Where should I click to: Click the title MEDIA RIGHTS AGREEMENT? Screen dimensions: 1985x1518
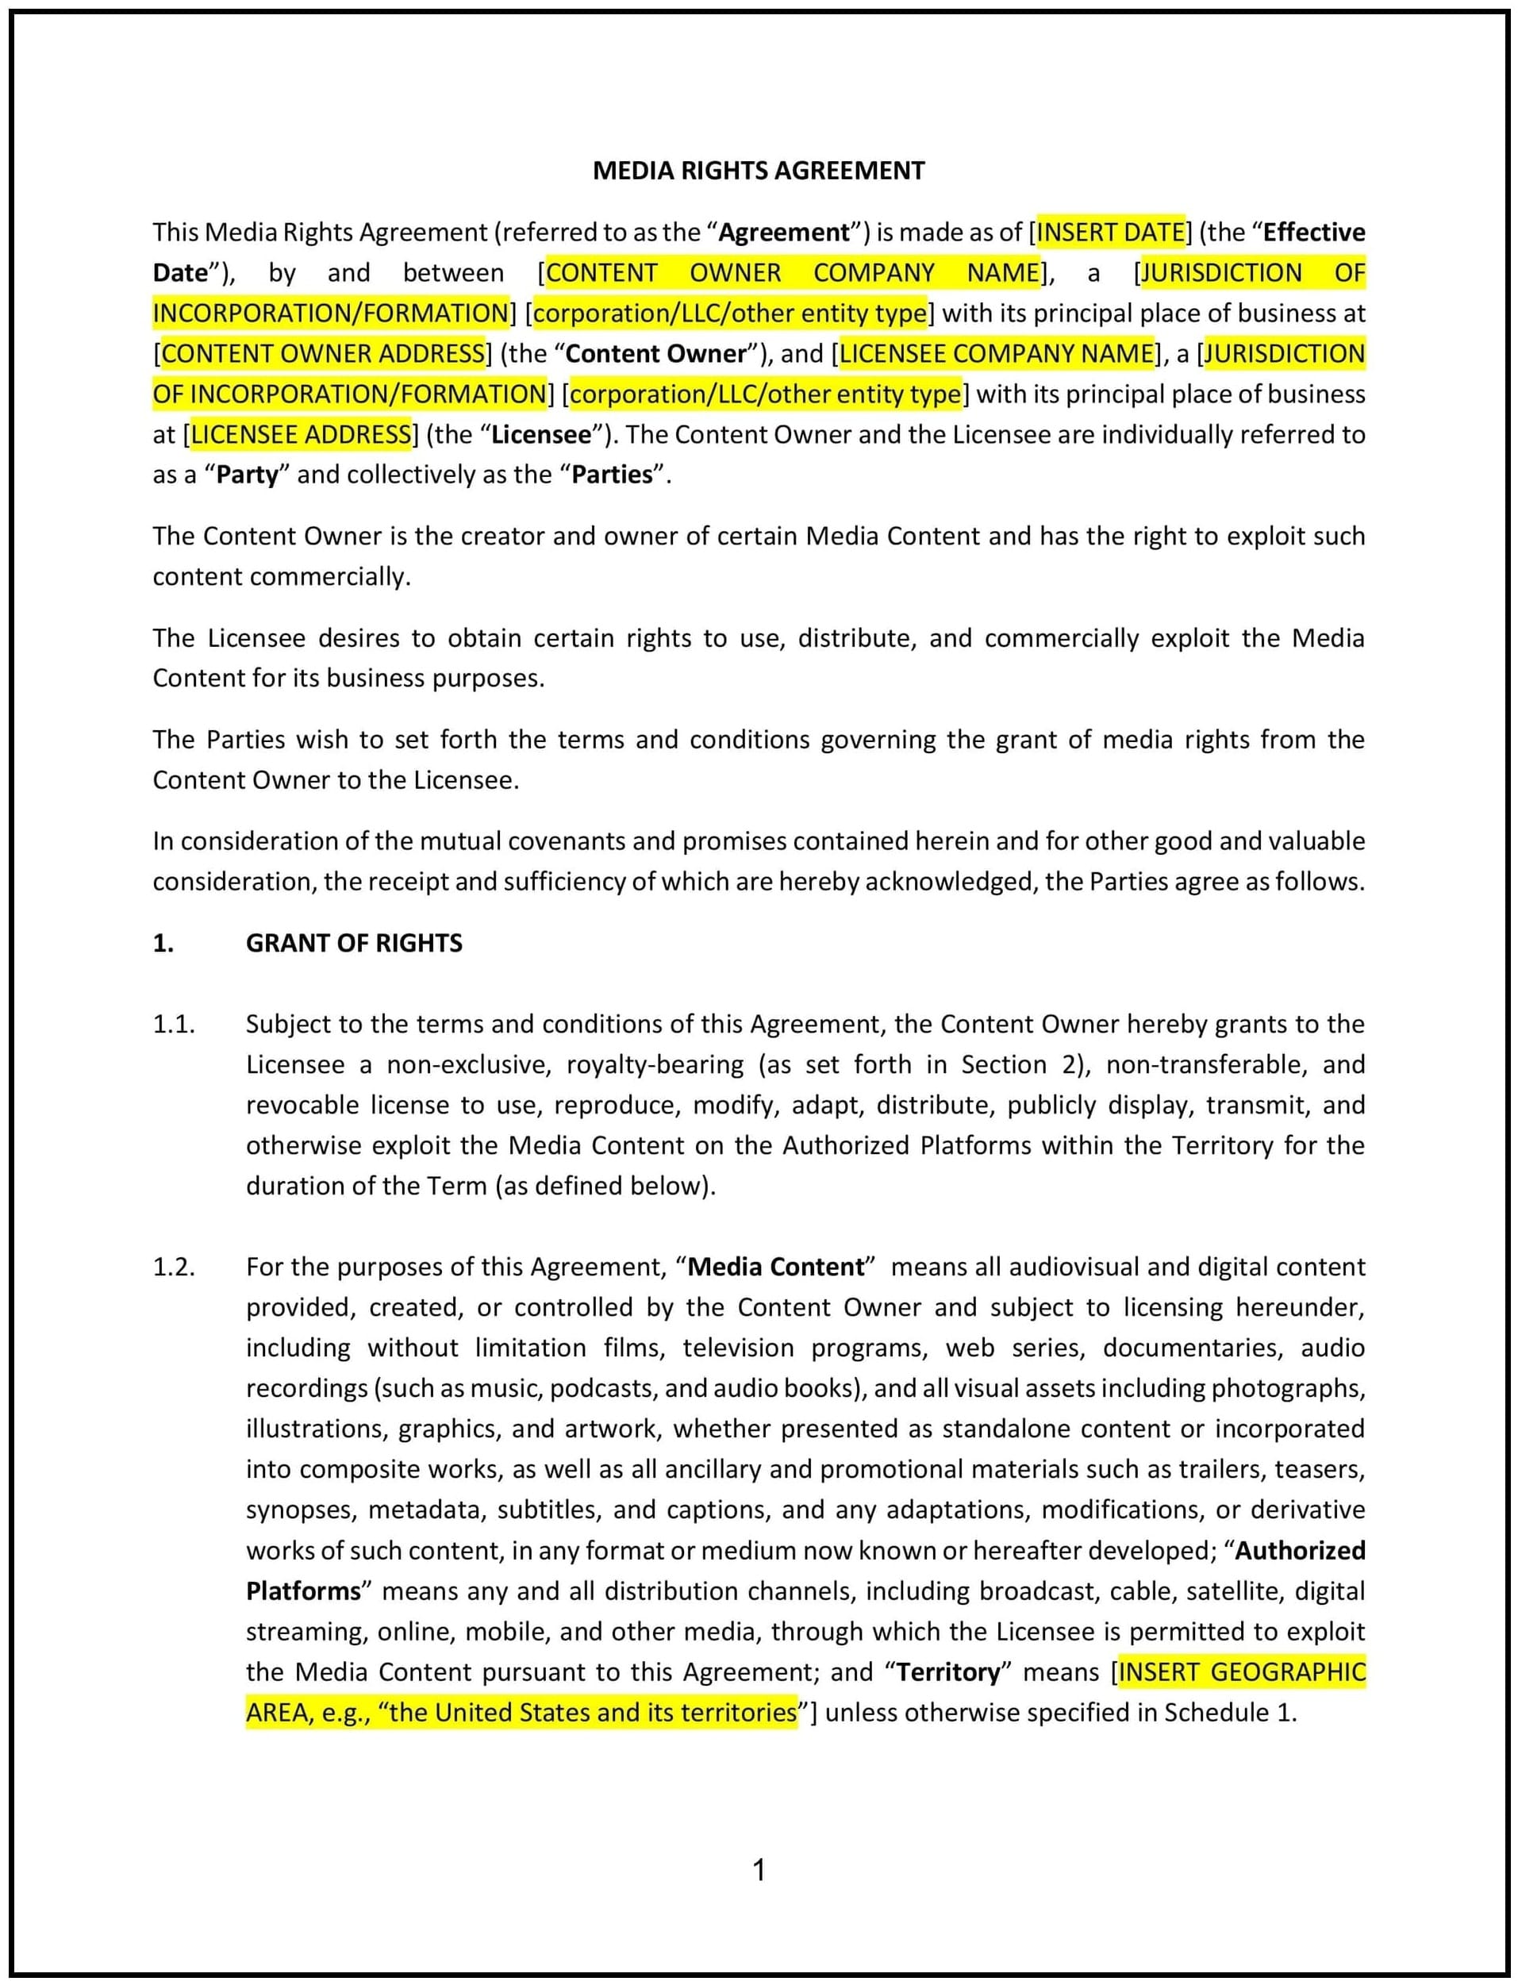point(758,171)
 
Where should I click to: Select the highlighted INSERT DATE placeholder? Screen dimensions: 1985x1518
point(1110,233)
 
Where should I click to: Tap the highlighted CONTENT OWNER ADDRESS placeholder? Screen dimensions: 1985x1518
point(323,353)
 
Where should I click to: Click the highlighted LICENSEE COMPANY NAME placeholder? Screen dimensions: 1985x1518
point(997,353)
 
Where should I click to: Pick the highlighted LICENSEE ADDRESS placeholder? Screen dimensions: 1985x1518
point(301,435)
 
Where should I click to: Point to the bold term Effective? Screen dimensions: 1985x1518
point(1313,233)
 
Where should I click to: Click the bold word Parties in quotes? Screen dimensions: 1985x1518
point(612,475)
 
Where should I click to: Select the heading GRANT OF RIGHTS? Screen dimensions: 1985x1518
point(353,943)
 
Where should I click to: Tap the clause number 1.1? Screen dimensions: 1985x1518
point(174,1024)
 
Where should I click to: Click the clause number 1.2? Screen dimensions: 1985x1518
point(174,1267)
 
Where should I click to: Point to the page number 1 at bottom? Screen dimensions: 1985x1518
point(759,1870)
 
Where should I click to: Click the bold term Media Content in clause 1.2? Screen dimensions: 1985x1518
point(775,1267)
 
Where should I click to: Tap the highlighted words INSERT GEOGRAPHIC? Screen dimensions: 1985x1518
point(1242,1672)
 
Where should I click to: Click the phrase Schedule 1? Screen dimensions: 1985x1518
point(1229,1713)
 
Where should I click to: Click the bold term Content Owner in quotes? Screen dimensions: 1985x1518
point(656,353)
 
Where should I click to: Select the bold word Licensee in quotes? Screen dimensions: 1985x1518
point(540,435)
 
